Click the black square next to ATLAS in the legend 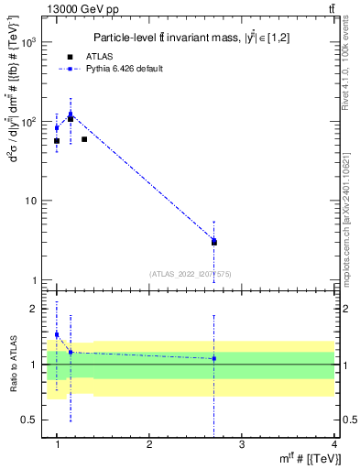[70, 57]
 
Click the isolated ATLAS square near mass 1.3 [84, 139]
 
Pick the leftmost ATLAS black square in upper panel [57, 141]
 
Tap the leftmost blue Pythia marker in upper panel [57, 127]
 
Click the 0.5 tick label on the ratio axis [30, 420]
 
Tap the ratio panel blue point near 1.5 [57, 334]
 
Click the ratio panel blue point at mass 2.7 [214, 358]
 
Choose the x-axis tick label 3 [242, 444]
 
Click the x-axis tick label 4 [333, 444]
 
